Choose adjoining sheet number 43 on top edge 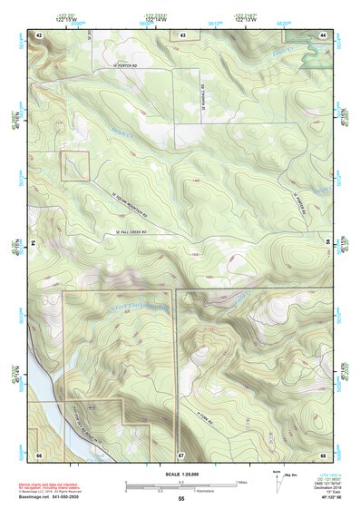[x=182, y=34]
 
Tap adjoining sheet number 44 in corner [x=323, y=34]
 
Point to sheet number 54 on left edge [x=33, y=243]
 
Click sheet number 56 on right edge [x=328, y=243]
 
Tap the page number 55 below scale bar [x=181, y=498]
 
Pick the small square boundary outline [x=75, y=166]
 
